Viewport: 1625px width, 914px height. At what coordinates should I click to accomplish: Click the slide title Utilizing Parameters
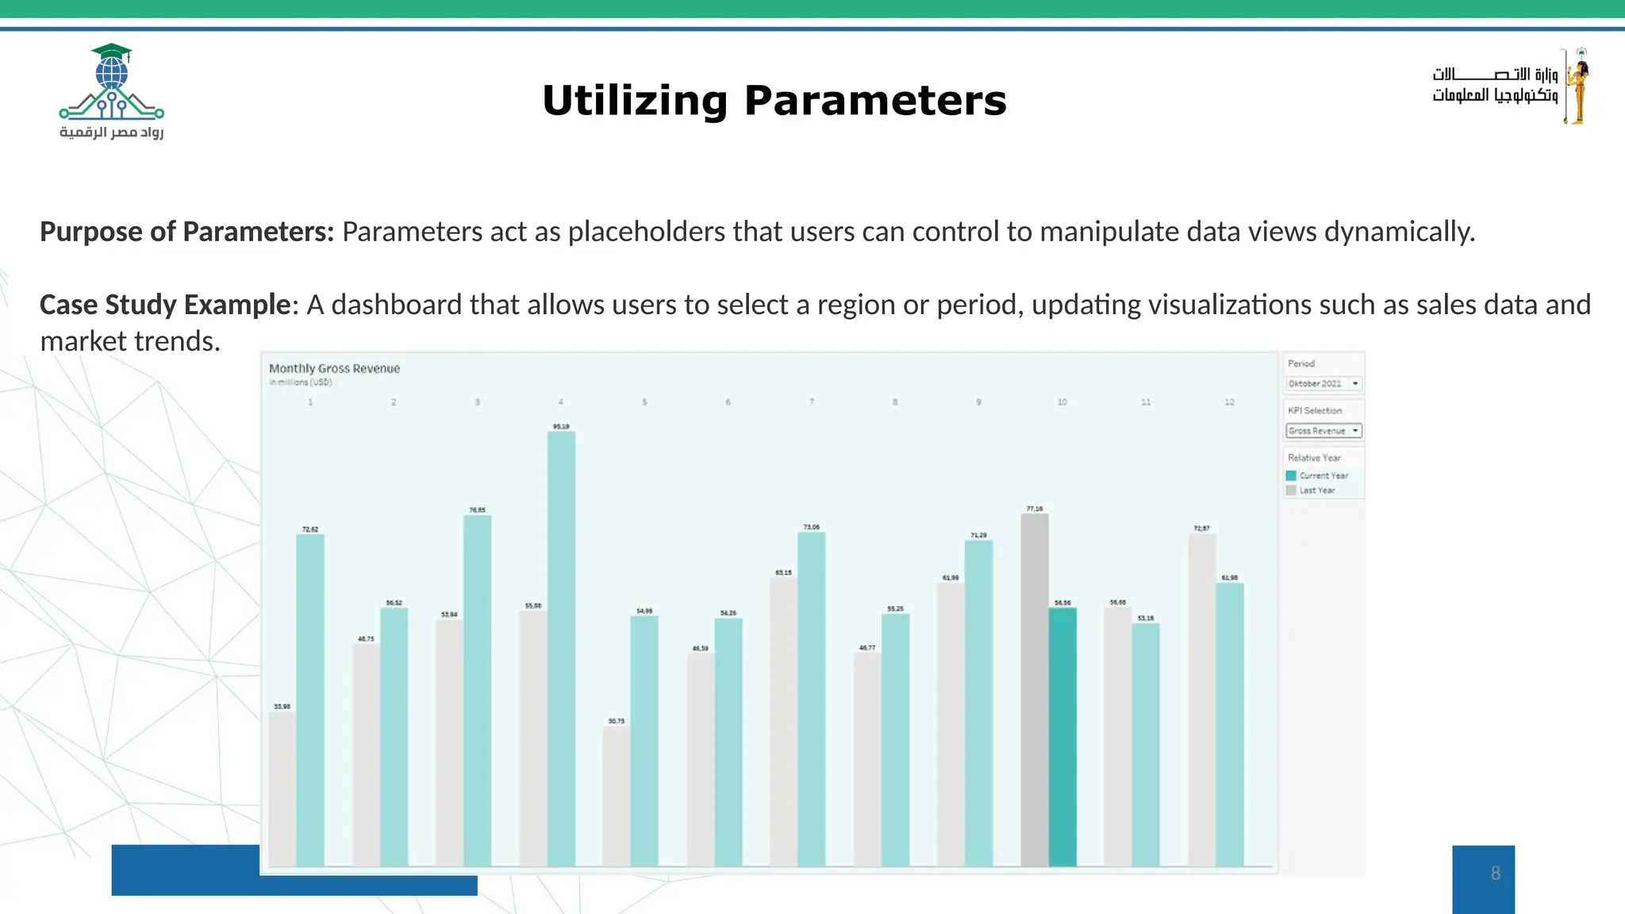(774, 101)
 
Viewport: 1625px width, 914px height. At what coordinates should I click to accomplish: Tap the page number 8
(1495, 874)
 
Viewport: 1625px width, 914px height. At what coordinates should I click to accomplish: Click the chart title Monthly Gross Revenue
(334, 368)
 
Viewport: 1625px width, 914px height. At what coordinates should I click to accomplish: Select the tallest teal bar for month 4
(561, 647)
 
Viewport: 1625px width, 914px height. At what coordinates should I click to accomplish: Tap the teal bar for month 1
(310, 698)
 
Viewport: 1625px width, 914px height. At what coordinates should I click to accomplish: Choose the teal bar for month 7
(812, 698)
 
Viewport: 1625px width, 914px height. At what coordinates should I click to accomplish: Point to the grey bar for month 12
(1201, 698)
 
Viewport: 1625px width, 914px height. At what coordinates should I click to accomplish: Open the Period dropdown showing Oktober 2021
(1323, 383)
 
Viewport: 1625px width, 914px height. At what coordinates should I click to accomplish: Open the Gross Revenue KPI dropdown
(1323, 431)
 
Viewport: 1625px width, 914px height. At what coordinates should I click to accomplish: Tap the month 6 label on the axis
(728, 402)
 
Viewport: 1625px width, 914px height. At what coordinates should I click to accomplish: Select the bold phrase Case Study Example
(165, 305)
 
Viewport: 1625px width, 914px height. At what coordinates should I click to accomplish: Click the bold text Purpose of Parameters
(187, 232)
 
